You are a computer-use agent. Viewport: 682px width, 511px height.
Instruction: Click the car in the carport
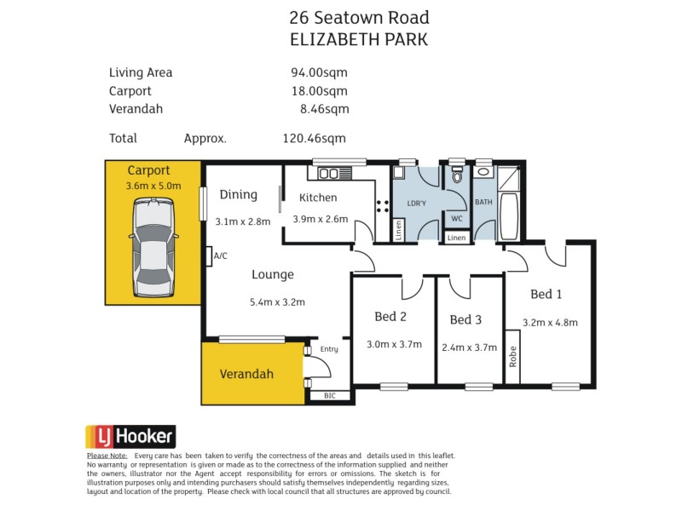click(153, 247)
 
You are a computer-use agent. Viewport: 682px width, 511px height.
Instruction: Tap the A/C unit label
click(220, 255)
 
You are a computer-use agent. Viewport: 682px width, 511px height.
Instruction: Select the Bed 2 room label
click(390, 317)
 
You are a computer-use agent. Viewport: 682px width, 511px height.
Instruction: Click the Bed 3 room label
click(466, 319)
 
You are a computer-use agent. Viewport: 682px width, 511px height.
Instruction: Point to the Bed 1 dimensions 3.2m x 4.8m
click(550, 322)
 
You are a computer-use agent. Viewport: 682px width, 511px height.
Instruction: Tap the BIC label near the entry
click(330, 396)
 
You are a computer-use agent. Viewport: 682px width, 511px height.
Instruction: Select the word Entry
click(329, 348)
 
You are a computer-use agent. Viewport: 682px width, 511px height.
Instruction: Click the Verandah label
click(246, 374)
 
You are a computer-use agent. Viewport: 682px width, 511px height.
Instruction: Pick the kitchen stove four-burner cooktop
click(382, 205)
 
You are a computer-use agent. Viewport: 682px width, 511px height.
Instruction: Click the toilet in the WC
click(458, 177)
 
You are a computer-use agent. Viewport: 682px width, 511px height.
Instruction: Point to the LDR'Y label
click(417, 204)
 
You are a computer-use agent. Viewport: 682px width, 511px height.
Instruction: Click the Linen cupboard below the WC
click(457, 238)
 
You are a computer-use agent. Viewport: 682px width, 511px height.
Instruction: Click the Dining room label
click(238, 195)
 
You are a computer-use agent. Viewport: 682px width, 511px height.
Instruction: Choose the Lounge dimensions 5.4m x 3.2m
click(277, 301)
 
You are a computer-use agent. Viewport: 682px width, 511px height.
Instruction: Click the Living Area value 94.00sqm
click(320, 72)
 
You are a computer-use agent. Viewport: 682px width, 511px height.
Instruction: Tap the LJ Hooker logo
click(130, 438)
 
